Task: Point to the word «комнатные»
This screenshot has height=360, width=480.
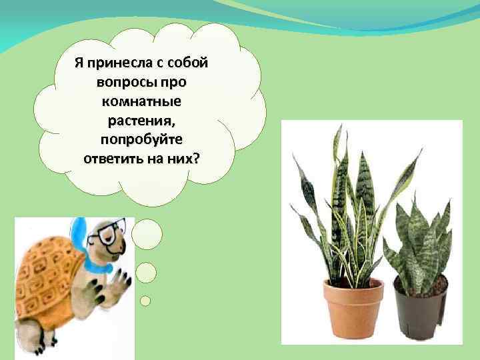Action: tap(141, 102)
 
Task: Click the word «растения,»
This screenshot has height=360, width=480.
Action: tap(141, 121)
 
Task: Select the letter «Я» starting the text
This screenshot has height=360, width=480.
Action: tap(79, 63)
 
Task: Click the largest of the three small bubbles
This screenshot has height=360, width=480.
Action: tap(147, 235)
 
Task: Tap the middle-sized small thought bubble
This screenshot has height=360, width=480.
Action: tap(145, 272)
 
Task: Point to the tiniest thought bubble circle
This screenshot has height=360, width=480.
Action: tap(145, 301)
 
